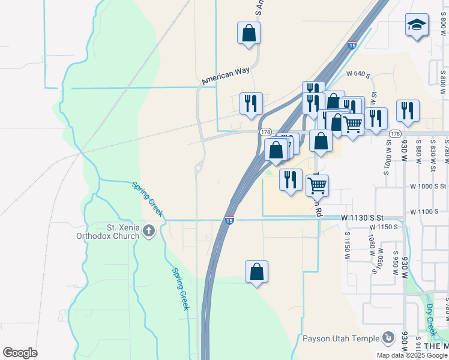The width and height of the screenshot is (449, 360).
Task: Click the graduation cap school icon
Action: tap(417, 25)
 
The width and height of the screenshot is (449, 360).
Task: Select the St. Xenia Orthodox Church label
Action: tap(122, 232)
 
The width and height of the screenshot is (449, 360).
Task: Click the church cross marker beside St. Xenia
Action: tap(149, 231)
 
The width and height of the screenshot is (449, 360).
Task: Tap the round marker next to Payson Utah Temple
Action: tap(388, 338)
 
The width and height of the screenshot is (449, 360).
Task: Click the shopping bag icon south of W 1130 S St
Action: tap(256, 272)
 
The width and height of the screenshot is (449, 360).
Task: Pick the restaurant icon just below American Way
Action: tap(251, 103)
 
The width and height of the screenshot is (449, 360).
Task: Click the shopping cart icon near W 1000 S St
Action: tap(317, 185)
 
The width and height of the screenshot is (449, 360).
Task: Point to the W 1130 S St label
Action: tap(361, 218)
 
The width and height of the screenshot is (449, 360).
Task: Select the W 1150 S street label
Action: tap(384, 227)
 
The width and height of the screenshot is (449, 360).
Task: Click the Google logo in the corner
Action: tap(20, 352)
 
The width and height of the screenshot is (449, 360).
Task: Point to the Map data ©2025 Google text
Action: tap(412, 355)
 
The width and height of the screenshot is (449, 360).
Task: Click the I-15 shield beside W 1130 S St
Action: tap(229, 220)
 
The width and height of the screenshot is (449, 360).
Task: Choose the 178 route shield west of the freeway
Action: tap(265, 131)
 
